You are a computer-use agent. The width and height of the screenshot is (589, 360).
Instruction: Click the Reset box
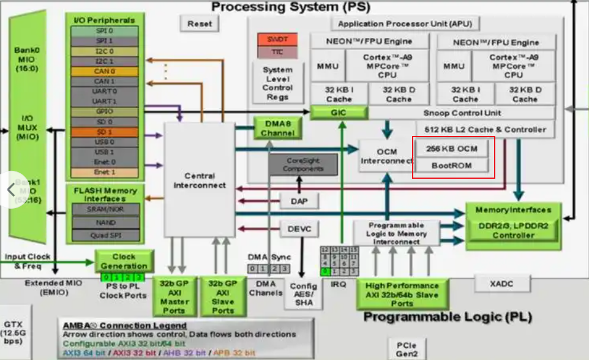click(199, 23)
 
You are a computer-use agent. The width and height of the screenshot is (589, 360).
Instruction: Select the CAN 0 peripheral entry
click(104, 71)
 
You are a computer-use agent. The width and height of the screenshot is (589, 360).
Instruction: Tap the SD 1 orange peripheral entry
click(104, 132)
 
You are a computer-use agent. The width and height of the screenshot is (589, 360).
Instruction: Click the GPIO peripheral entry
click(104, 111)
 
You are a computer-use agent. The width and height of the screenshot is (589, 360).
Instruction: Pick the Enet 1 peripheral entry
click(104, 172)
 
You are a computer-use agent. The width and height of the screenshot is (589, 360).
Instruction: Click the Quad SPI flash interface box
click(105, 235)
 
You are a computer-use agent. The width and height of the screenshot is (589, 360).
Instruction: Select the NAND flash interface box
click(105, 222)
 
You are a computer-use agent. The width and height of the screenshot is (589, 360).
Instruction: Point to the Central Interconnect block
click(200, 180)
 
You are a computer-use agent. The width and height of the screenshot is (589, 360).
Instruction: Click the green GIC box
click(338, 113)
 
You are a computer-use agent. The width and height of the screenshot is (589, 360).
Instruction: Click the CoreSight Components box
click(303, 164)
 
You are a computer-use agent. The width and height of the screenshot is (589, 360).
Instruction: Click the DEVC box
click(299, 229)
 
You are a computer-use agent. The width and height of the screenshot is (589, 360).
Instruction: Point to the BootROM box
click(452, 165)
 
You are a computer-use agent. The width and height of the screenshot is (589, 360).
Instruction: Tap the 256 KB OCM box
click(452, 148)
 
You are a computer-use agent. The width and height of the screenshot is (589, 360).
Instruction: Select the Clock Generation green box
click(124, 261)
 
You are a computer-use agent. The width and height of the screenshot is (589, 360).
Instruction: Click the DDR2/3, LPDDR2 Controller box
click(513, 231)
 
